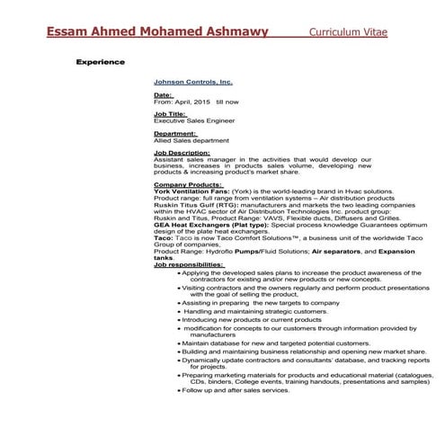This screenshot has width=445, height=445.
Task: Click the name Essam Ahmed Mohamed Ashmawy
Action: pyautogui.click(x=157, y=33)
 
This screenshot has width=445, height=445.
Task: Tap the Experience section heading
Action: pyautogui.click(x=101, y=63)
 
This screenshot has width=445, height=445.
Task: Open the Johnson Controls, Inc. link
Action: pyautogui.click(x=193, y=80)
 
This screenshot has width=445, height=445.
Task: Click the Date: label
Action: pyautogui.click(x=164, y=94)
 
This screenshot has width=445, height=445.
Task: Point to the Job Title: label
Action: pyautogui.click(x=170, y=113)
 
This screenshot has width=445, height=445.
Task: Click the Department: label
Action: pyautogui.click(x=174, y=133)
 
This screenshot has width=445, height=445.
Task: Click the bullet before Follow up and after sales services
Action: pyautogui.click(x=179, y=390)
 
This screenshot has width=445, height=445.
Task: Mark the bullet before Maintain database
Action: pyautogui.click(x=179, y=343)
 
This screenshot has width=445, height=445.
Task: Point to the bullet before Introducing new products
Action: pyautogui.click(x=179, y=319)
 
